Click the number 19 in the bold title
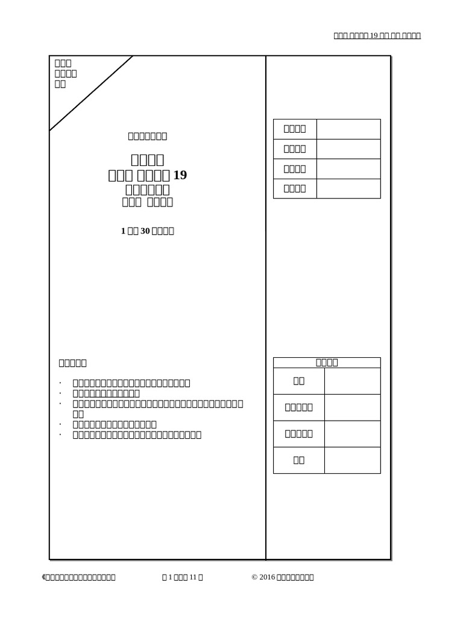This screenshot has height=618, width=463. point(180,176)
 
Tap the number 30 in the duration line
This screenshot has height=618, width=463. point(145,231)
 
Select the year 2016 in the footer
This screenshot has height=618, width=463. point(266,578)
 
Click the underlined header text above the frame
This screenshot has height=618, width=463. point(377,36)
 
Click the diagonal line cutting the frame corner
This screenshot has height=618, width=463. point(91,93)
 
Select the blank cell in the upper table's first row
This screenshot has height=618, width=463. point(348,129)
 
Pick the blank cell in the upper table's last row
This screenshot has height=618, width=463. point(348,188)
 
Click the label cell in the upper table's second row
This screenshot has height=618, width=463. point(295,148)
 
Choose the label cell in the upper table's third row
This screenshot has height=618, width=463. point(295,169)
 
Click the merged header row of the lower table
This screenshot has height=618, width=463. point(327,363)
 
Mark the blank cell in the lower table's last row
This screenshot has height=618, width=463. point(352,460)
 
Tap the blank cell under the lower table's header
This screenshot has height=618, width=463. point(352,381)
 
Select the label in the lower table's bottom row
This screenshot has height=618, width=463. point(299,460)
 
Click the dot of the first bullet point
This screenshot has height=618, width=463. point(60,383)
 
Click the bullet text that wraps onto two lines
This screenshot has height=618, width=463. point(157,409)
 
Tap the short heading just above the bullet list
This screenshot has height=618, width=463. point(72,363)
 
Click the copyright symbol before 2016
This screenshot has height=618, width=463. point(254,578)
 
